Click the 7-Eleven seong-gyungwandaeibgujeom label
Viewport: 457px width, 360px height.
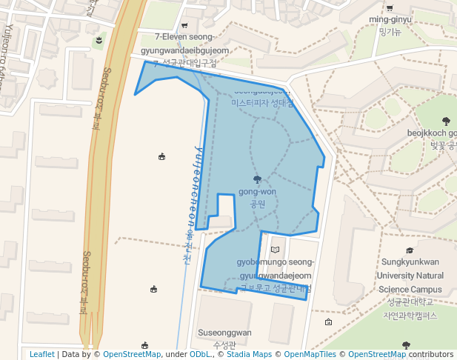(183, 43)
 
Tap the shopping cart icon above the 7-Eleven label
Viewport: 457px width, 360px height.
(184, 25)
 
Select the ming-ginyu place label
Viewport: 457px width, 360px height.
(390, 19)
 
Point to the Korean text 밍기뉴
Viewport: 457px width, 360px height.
(390, 32)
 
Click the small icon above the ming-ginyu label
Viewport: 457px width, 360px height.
(390, 5)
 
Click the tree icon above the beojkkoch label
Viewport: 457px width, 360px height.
(445, 121)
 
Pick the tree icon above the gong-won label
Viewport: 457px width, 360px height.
(257, 179)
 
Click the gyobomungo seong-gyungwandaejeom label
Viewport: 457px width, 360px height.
(276, 269)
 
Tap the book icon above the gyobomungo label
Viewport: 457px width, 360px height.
(276, 250)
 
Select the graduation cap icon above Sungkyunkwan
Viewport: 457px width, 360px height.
(410, 251)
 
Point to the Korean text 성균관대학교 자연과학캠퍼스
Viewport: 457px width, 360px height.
(410, 308)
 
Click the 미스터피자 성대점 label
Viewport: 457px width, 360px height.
(263, 103)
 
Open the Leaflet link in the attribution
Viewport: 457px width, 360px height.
(42, 354)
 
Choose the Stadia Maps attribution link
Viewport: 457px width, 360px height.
(248, 354)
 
